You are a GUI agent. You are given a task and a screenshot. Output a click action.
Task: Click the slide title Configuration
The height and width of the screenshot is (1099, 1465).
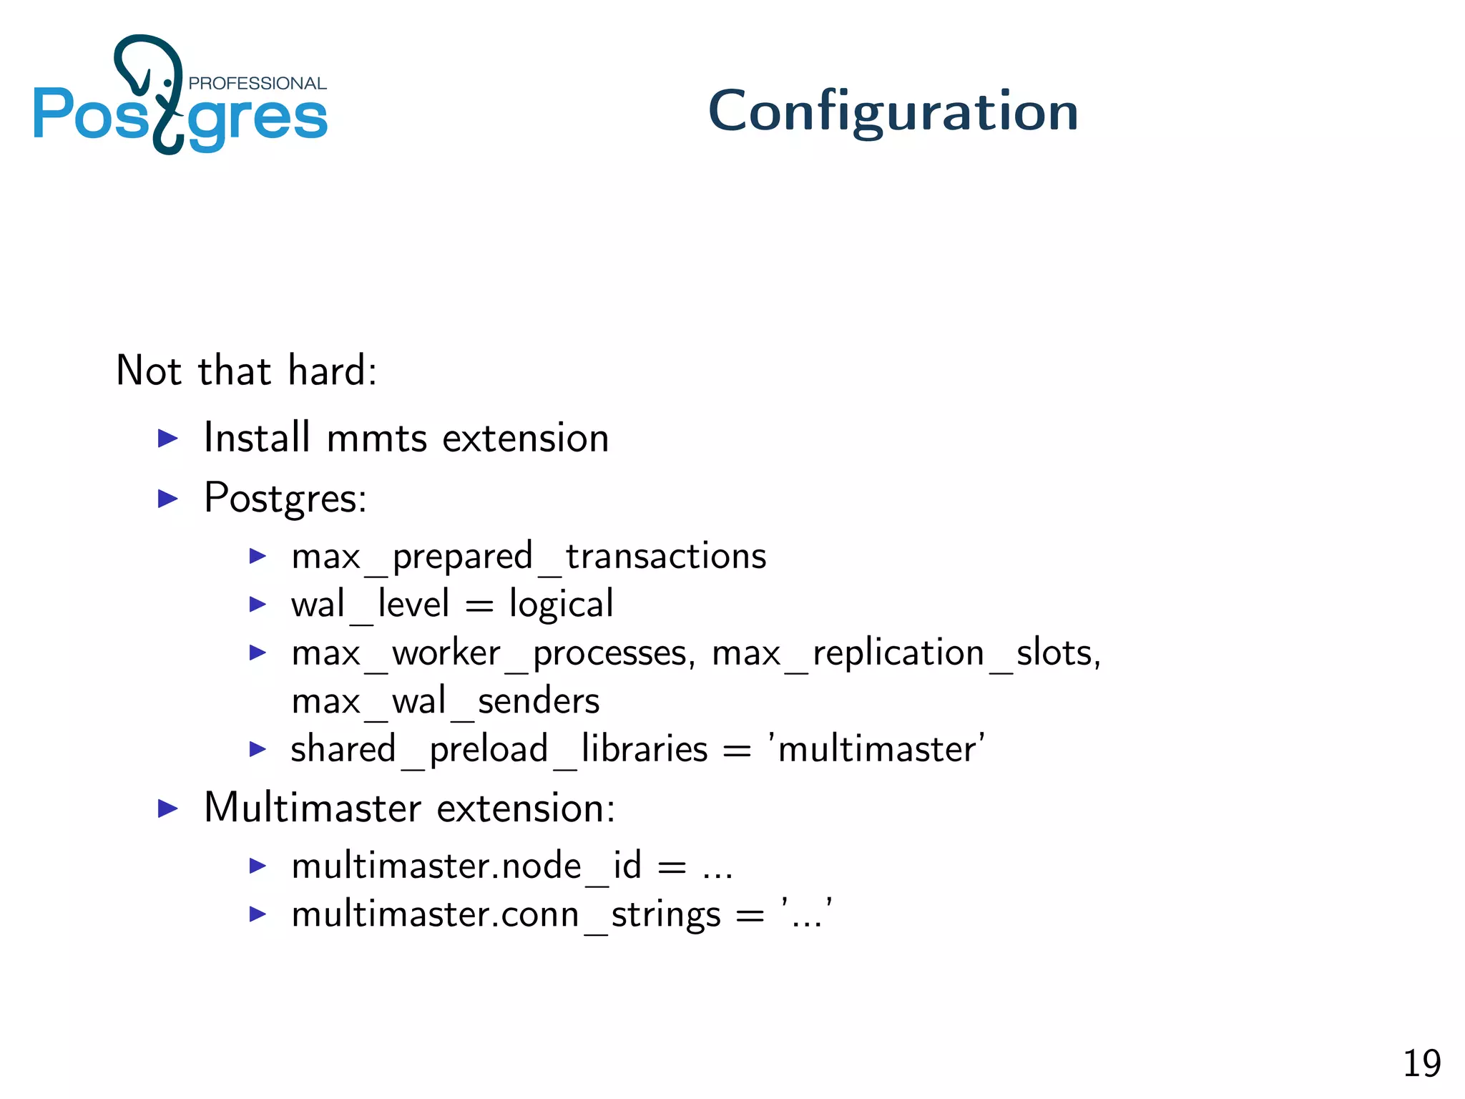[x=893, y=112]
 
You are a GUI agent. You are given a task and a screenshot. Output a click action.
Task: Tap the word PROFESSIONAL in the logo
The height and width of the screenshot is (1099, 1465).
[x=257, y=83]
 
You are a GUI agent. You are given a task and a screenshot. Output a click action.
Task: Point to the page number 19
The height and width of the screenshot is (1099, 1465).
[x=1421, y=1063]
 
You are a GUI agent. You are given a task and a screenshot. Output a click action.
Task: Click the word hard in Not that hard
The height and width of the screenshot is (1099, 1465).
[x=332, y=371]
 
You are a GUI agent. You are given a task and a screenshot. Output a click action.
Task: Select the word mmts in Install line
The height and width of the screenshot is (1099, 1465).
[x=376, y=438]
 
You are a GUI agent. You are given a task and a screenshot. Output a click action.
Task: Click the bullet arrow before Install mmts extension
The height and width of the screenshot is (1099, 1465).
[x=167, y=438]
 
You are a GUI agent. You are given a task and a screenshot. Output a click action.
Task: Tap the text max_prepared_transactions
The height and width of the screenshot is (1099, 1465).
[x=528, y=557]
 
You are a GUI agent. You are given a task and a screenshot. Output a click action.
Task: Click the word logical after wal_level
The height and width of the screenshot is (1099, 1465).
[x=561, y=604]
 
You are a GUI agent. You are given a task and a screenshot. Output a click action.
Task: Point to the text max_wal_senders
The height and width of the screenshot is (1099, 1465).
[x=445, y=701]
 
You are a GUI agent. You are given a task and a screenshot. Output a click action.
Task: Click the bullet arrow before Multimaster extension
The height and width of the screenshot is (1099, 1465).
[x=167, y=809]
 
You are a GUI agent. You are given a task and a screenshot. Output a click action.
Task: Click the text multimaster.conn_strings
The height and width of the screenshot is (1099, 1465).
[x=506, y=915]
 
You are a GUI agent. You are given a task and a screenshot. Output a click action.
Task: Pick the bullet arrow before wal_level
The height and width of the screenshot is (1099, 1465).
[x=258, y=605]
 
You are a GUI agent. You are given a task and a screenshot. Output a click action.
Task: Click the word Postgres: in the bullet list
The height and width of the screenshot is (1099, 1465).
[x=285, y=498]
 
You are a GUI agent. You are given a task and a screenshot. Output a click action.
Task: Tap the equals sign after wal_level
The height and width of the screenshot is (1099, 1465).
[x=479, y=606]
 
